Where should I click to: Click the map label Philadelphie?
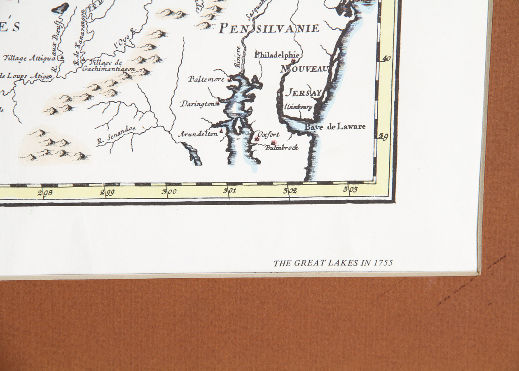[276, 55]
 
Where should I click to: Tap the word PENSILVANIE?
[269, 28]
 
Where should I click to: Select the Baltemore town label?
[207, 79]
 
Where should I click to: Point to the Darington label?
[198, 104]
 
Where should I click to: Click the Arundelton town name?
[198, 134]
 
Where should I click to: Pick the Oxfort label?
[268, 134]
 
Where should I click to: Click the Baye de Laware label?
[335, 127]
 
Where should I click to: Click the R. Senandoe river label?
[116, 135]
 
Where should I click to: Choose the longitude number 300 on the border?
[169, 191]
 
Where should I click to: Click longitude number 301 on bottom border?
[229, 190]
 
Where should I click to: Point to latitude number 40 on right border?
[386, 59]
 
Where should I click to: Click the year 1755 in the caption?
[383, 263]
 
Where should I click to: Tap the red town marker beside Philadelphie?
[293, 61]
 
